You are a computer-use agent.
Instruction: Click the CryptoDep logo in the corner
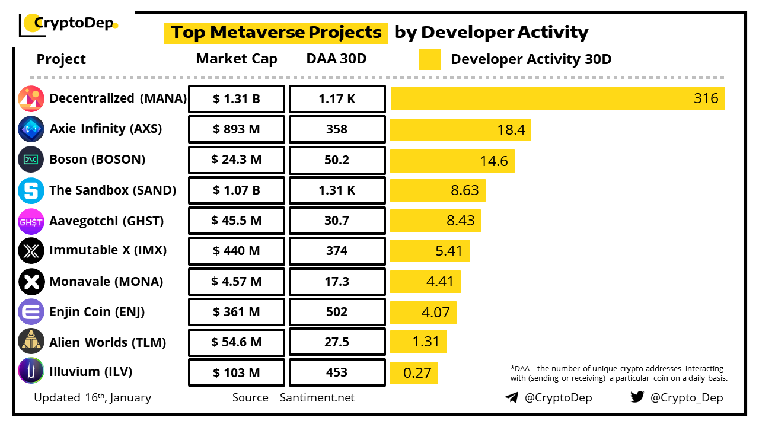[x=69, y=24]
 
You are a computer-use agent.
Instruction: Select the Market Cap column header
[x=237, y=59]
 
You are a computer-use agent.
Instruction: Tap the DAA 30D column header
[x=336, y=59]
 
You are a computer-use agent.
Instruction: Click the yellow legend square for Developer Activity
[x=429, y=59]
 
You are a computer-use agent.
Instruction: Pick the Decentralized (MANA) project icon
[x=31, y=98]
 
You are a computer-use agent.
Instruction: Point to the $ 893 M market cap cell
[x=237, y=129]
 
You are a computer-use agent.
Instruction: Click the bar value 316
[x=706, y=98]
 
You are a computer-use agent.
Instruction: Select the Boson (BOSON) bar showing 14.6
[x=452, y=160]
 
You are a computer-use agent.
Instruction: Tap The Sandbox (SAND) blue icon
[x=31, y=190]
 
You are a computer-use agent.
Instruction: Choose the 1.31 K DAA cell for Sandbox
[x=337, y=190]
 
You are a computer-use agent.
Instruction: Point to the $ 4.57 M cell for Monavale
[x=237, y=282]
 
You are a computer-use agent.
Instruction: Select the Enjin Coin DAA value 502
[x=337, y=313]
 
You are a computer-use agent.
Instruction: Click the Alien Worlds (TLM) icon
[x=31, y=342]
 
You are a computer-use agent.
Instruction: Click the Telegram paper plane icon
[x=512, y=397]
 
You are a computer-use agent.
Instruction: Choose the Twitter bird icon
[x=637, y=397]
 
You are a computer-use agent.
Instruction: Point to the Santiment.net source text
[x=317, y=398]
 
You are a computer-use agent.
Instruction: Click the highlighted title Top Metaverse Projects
[x=276, y=32]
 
